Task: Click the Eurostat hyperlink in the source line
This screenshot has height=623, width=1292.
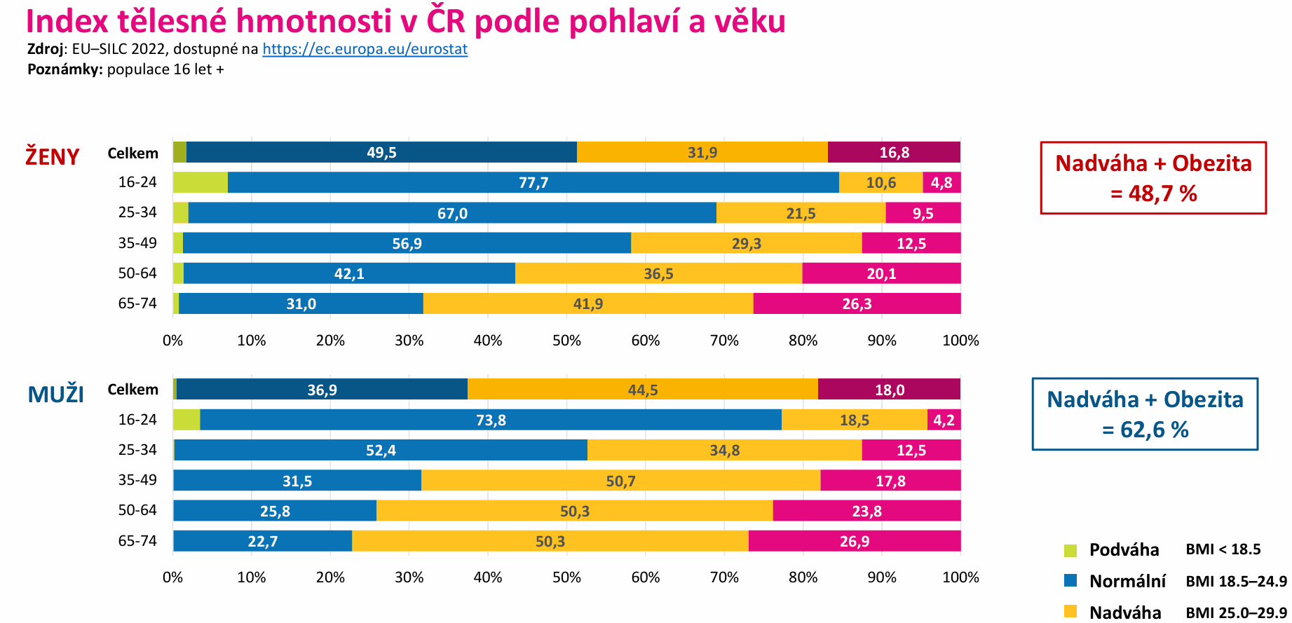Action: point(365,49)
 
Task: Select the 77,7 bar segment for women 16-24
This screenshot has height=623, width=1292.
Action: point(533,183)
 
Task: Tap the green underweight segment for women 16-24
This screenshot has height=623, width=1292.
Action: point(200,183)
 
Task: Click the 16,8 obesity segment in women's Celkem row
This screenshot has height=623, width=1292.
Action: point(894,153)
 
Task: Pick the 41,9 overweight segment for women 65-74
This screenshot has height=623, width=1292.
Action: point(587,304)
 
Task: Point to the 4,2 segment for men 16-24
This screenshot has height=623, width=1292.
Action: point(944,420)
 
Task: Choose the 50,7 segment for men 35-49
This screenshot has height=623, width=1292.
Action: point(620,481)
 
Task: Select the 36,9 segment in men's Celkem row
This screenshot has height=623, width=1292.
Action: point(322,390)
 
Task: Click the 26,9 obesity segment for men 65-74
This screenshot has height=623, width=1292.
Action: point(854,541)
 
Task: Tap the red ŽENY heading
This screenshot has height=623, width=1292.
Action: point(53,156)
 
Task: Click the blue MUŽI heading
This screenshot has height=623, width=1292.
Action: point(55,395)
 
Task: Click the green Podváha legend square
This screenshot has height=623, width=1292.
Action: point(1070,550)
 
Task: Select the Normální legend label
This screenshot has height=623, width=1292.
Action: point(1127,581)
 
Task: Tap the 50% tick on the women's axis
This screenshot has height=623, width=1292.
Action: point(566,341)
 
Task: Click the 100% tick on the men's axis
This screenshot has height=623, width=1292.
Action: point(960,577)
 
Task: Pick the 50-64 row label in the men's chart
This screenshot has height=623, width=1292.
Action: point(137,510)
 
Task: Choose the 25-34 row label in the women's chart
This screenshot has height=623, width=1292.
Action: point(137,212)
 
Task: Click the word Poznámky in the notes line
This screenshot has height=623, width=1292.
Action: point(64,69)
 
